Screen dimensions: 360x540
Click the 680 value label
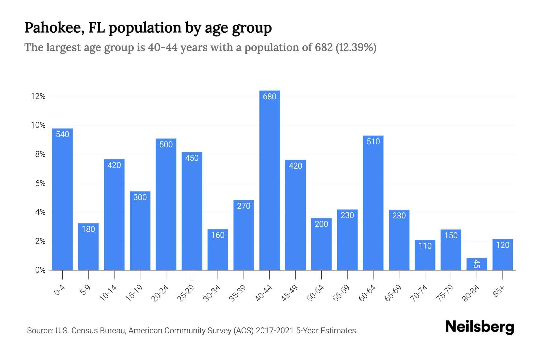point(269,97)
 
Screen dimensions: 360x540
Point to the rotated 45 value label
point(477,264)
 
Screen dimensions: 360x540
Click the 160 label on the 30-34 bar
point(218,235)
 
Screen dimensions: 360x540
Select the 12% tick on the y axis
point(38,96)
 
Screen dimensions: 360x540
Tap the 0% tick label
point(40,270)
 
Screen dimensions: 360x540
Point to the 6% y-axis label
point(40,183)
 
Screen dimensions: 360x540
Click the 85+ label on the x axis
point(499,292)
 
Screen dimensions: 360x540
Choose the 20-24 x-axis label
point(160,293)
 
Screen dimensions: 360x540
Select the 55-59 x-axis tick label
point(341,293)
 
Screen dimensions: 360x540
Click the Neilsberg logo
point(479,327)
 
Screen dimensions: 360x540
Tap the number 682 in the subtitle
point(324,47)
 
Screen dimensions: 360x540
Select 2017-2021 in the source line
point(274,331)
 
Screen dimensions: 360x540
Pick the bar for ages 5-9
point(88,247)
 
